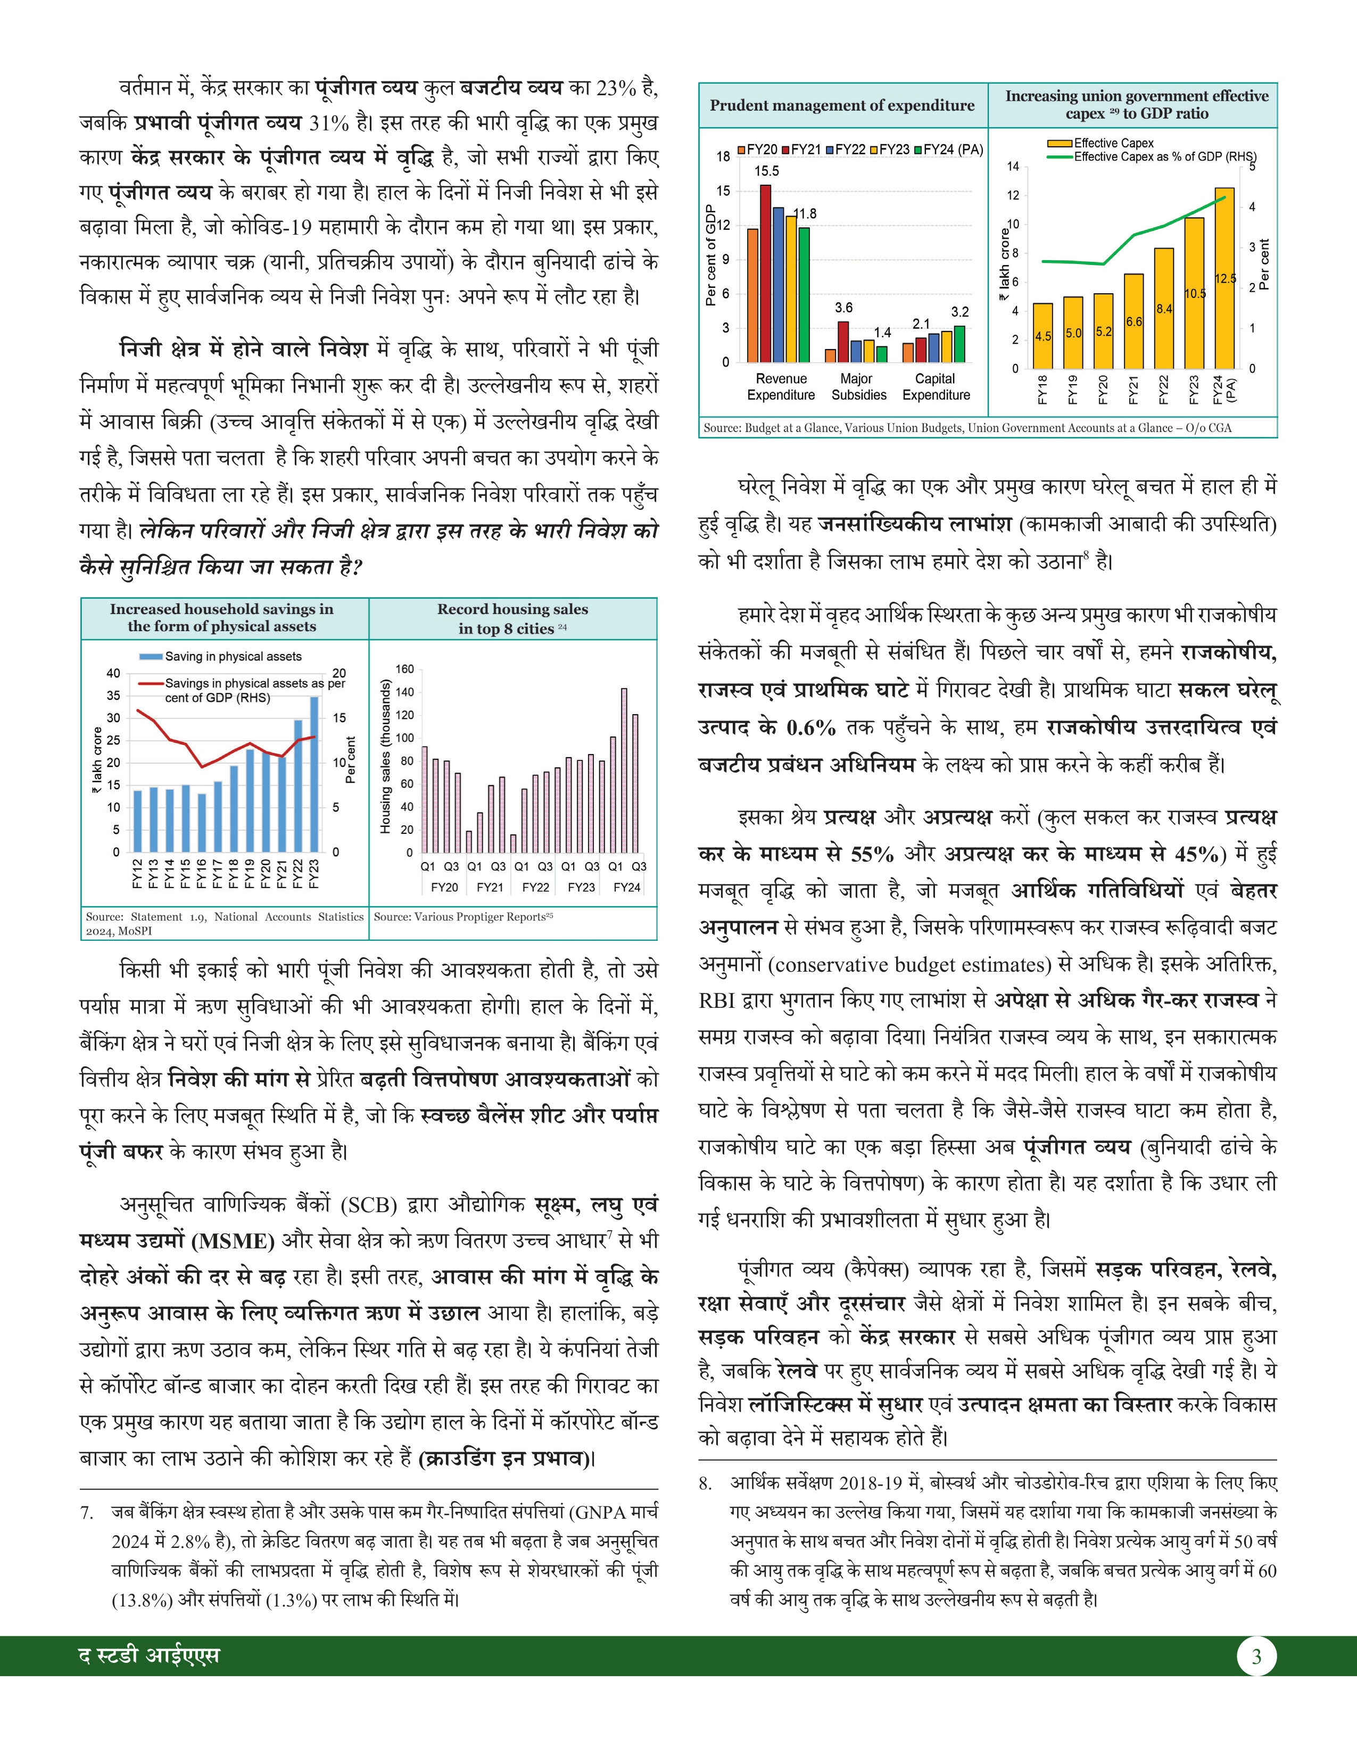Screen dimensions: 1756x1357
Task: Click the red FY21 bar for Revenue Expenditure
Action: click(x=765, y=274)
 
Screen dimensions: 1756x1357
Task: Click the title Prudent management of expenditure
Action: click(x=842, y=105)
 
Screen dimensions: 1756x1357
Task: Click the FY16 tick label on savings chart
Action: click(x=201, y=873)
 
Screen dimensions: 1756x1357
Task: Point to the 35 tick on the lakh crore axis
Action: click(x=113, y=695)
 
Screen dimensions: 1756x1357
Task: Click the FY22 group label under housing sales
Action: click(x=535, y=888)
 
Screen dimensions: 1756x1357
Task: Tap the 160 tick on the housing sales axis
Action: click(x=404, y=669)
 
